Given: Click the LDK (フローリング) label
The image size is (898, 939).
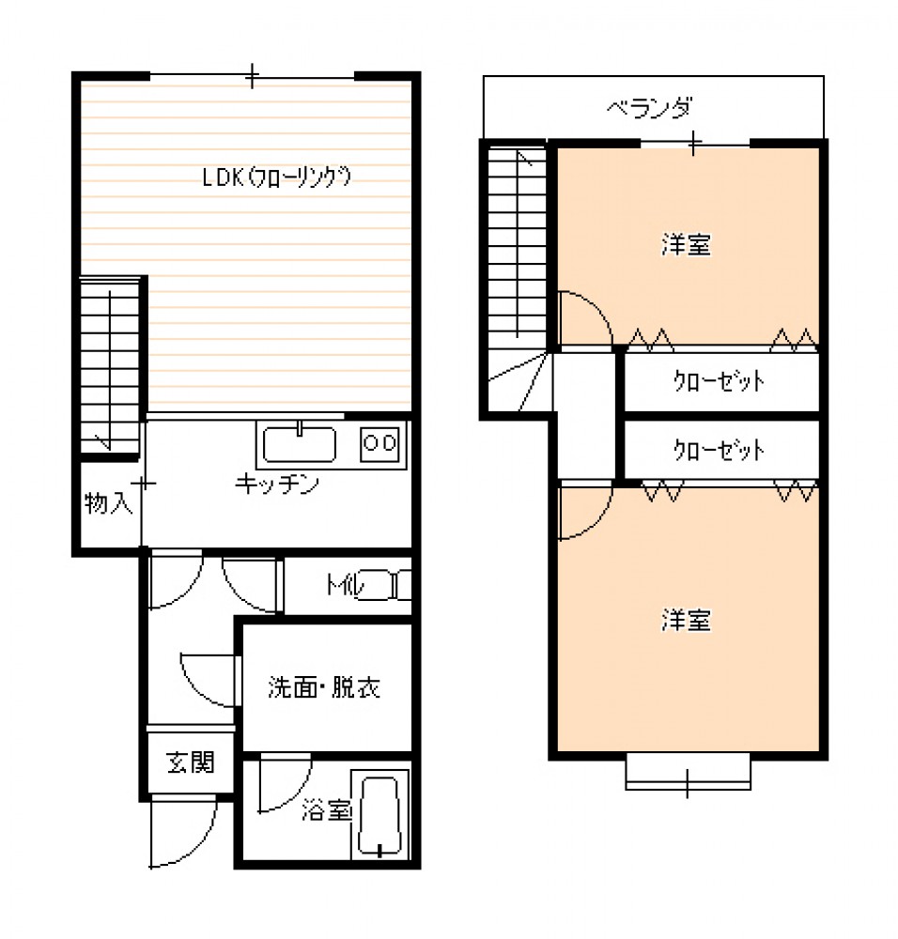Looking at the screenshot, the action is click(276, 177).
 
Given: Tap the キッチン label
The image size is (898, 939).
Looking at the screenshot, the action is click(277, 484).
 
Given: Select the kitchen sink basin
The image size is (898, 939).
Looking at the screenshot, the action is click(299, 444).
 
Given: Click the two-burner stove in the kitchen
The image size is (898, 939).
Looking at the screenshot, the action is click(379, 444).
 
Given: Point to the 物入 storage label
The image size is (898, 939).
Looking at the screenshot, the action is click(108, 503).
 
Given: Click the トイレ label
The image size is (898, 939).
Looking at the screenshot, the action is click(345, 584).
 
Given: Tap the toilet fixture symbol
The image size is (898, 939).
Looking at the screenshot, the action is click(386, 585).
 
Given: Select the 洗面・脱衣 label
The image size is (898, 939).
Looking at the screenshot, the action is click(323, 687).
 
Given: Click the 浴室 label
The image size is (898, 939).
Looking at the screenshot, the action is click(326, 810).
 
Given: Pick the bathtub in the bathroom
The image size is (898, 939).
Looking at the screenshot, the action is click(379, 816).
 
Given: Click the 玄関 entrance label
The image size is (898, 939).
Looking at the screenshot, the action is click(191, 762).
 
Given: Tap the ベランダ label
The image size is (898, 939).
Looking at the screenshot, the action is click(649, 108).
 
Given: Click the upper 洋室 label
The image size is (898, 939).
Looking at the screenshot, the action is click(686, 245).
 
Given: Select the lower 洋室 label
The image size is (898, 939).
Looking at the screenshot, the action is click(686, 621).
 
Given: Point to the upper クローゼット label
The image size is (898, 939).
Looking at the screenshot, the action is click(719, 381).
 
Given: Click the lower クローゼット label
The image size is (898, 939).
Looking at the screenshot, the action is click(719, 451).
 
